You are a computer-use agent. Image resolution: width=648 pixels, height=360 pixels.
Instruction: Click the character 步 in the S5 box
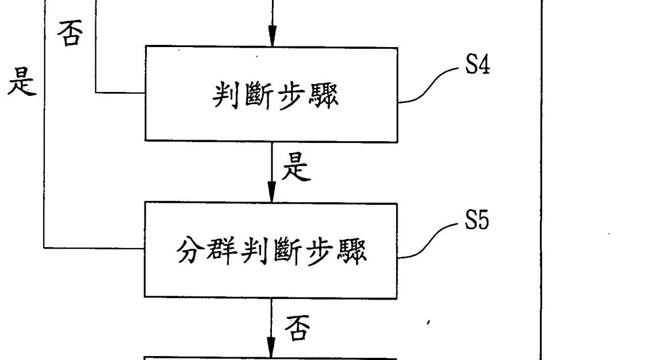pos(321,251)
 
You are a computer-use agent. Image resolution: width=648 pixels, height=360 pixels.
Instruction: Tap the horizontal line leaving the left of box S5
pos(94,249)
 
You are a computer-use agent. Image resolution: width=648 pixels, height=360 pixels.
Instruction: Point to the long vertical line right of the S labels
pos(539,166)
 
